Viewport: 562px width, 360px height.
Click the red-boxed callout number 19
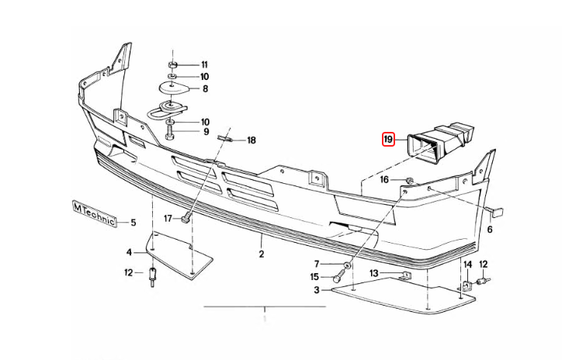pos(388,140)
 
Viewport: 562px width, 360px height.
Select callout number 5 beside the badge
pos(133,223)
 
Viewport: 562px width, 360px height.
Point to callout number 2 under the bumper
pos(262,254)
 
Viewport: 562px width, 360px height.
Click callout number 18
pos(251,140)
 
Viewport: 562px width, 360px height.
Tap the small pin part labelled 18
pos(226,139)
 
